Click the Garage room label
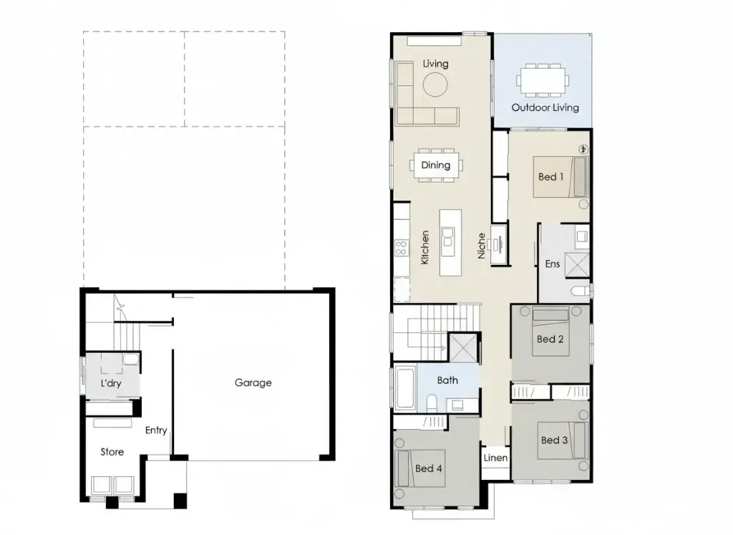253,382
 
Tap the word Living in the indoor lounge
435,64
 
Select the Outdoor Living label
545,107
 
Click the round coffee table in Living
435,85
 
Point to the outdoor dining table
544,79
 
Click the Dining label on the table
435,165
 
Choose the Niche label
482,245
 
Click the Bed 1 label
550,177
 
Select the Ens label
552,264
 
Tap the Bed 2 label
550,339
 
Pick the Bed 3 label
554,440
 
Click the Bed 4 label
428,468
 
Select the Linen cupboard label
495,458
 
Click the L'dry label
111,384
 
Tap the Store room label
112,452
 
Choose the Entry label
156,430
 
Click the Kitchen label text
425,247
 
